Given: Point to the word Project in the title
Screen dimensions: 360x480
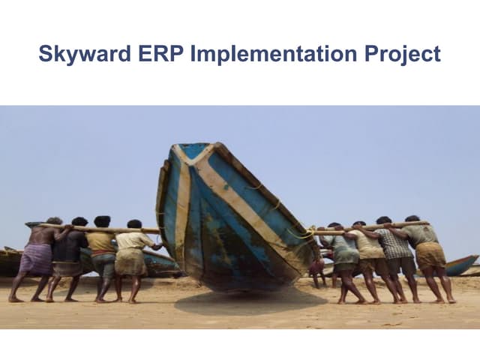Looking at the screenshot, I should [x=403, y=55].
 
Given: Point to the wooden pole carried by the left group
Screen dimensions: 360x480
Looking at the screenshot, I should [x=97, y=228].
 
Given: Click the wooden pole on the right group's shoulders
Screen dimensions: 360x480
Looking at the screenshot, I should [x=375, y=226].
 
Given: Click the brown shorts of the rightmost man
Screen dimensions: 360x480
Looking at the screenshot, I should [x=430, y=256].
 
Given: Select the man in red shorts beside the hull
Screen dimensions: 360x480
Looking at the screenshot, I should [x=318, y=266].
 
